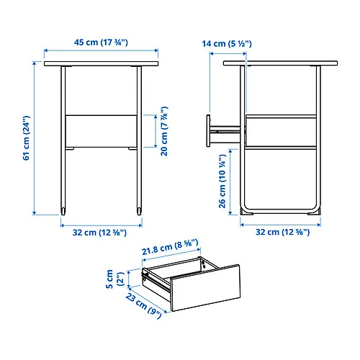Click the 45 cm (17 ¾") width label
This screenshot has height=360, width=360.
click(x=101, y=42)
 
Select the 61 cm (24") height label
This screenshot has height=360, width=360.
click(x=26, y=138)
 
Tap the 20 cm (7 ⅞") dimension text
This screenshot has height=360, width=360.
click(x=164, y=131)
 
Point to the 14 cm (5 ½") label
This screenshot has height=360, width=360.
click(x=227, y=44)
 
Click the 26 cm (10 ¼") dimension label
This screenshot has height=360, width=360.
click(x=222, y=181)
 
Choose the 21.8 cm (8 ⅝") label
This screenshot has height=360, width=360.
click(x=170, y=247)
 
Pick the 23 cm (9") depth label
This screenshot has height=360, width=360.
click(x=144, y=306)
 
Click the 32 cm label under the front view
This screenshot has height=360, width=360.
click(x=99, y=233)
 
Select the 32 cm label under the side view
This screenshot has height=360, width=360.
click(x=282, y=232)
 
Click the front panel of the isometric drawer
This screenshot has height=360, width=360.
click(x=205, y=288)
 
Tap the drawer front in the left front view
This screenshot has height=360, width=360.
click(x=101, y=131)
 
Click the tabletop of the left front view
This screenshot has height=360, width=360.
click(x=101, y=63)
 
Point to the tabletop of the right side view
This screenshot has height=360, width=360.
click(x=280, y=63)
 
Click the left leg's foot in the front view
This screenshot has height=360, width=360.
click(x=63, y=211)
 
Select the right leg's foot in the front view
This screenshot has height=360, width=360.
click(x=139, y=211)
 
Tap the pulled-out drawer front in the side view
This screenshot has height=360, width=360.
click(x=208, y=131)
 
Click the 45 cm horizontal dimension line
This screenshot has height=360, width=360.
click(x=101, y=50)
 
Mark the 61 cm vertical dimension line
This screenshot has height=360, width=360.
click(x=35, y=138)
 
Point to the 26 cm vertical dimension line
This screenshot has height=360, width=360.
click(x=230, y=182)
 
